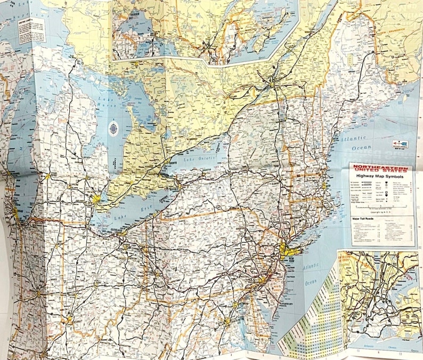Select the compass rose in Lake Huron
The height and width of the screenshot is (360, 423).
[113, 129]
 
